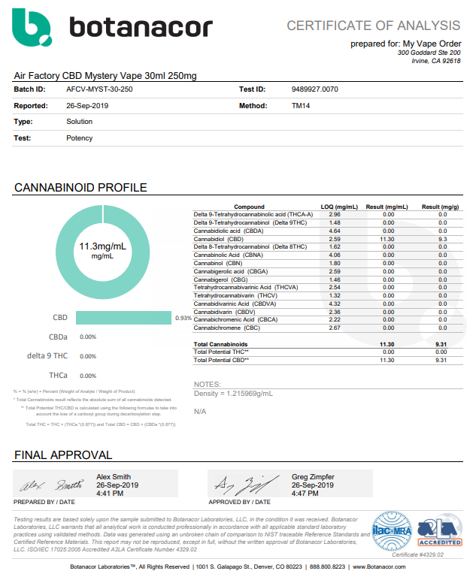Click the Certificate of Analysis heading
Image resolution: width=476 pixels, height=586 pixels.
pos(373,26)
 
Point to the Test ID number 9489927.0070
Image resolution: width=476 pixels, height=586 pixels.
pos(314,89)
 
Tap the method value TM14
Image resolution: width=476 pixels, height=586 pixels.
pos(301,106)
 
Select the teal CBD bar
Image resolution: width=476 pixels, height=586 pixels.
pos(123,318)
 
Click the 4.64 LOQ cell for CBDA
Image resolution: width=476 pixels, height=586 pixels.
pos(335,231)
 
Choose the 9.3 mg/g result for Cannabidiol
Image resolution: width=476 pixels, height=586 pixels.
pos(441,239)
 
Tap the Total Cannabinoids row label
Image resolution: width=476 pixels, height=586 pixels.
pos(219,344)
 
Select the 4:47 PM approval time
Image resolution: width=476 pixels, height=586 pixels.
pos(306,493)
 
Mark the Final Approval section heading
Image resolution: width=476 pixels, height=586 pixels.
pos(63,455)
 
